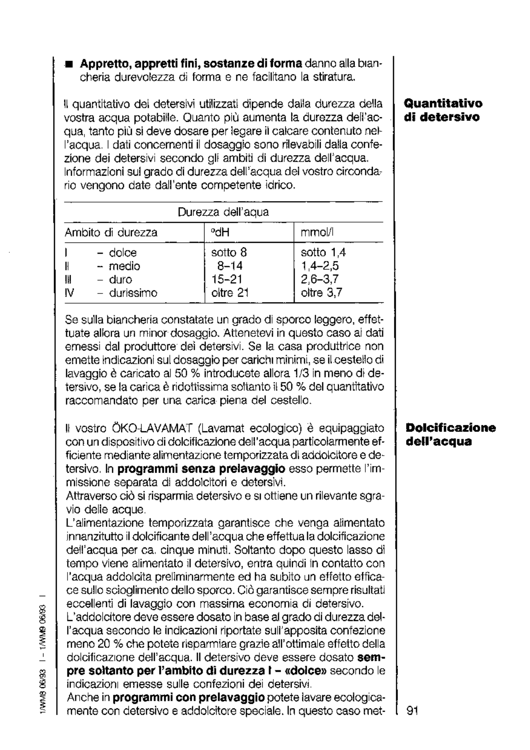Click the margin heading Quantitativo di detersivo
(443, 110)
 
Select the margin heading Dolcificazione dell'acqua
(450, 435)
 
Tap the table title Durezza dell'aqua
(223, 212)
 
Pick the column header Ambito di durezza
(111, 232)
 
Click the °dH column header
(218, 232)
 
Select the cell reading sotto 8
(229, 253)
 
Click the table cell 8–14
(230, 266)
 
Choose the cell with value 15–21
(227, 280)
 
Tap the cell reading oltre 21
(229, 293)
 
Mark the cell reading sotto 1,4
(323, 253)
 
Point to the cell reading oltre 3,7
(321, 293)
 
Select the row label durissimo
(133, 293)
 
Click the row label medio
(124, 266)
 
